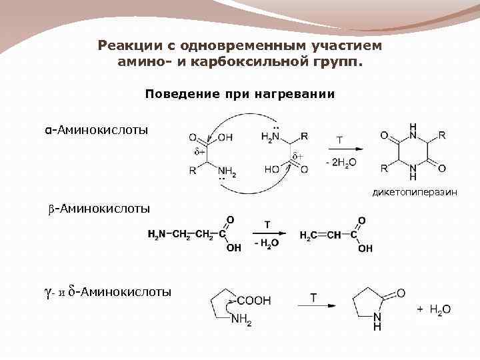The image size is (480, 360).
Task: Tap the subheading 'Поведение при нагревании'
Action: pos(240,94)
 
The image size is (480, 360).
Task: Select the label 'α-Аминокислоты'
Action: pos(93,129)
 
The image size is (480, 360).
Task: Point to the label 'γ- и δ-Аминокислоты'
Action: pos(107,291)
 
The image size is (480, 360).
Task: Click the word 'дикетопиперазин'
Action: pos(425,193)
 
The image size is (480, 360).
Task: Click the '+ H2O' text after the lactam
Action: pos(434,309)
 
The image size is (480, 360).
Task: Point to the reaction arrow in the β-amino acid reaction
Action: pos(268,233)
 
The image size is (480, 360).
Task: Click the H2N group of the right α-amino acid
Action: pos(271,137)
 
